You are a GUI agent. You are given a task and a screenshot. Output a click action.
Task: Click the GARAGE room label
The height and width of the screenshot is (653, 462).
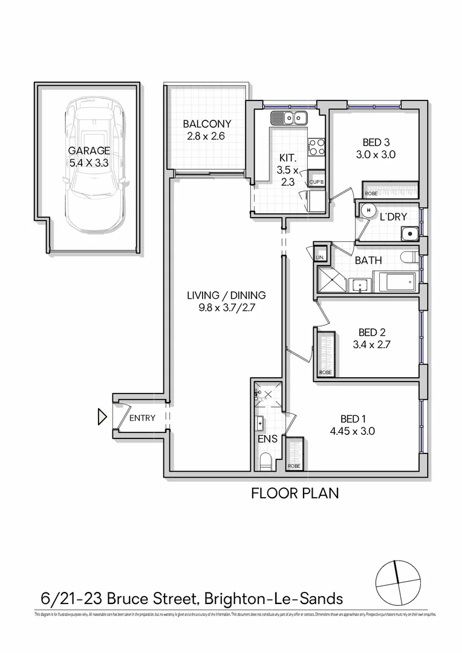[89, 151]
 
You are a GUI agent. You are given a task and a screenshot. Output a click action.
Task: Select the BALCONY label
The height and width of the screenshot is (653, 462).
[207, 124]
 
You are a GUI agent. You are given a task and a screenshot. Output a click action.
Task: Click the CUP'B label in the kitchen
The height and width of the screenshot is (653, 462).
[317, 182]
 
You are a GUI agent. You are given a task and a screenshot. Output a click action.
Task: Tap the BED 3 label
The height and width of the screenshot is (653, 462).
[376, 143]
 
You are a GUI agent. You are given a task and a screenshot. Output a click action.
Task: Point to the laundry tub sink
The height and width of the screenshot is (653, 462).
[409, 232]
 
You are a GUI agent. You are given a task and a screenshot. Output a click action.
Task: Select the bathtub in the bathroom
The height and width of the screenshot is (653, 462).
[394, 282]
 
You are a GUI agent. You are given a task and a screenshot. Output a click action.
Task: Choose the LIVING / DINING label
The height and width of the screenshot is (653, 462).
[226, 295]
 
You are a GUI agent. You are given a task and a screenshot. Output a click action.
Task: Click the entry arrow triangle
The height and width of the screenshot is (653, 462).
[102, 417]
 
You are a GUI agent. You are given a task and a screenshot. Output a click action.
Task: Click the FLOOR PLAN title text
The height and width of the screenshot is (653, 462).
[294, 493]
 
